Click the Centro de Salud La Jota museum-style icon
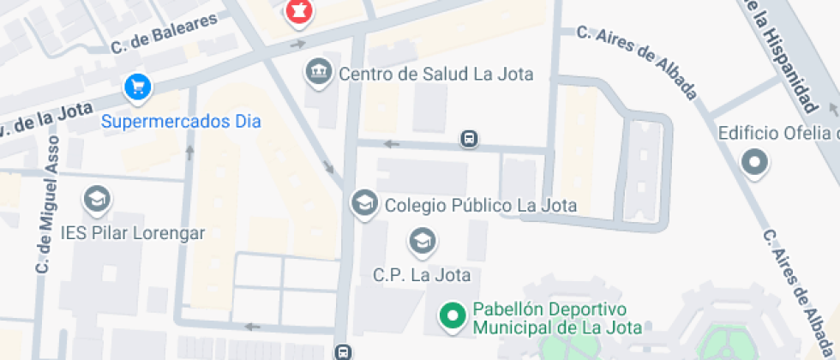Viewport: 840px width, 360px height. [319, 72]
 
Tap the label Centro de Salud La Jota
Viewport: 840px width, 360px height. [435, 74]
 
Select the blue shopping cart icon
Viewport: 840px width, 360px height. [137, 87]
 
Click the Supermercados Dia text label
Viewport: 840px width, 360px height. [181, 121]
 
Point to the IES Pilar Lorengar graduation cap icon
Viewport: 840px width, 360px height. [97, 201]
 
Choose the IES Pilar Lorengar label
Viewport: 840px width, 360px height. [132, 232]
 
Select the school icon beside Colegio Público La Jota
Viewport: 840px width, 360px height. [365, 204]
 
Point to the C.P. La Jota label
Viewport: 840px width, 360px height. [421, 275]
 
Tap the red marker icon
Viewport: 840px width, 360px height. [299, 11]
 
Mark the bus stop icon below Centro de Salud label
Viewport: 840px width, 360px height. [468, 138]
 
